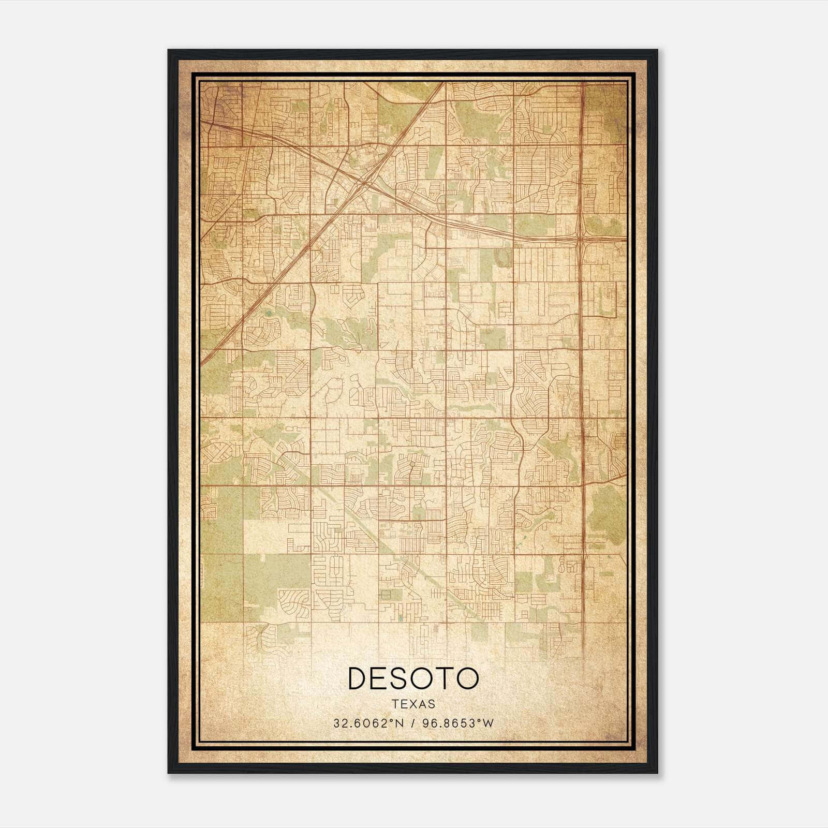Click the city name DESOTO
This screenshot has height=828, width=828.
click(x=413, y=678)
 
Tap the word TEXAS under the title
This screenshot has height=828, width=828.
click(x=413, y=704)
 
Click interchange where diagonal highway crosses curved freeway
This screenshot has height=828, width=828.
click(x=364, y=182)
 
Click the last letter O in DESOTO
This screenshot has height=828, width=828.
click(x=468, y=678)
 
